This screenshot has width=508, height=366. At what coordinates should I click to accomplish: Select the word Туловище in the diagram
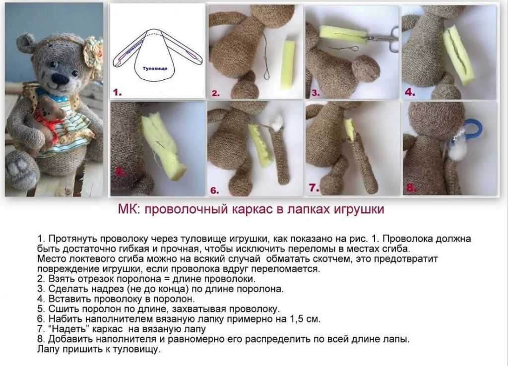tap(155, 68)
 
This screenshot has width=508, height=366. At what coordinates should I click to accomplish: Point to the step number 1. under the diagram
tap(117, 92)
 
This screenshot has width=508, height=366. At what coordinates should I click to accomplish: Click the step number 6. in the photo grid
tap(214, 190)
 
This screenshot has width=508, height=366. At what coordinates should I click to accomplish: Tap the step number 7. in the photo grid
tap(312, 187)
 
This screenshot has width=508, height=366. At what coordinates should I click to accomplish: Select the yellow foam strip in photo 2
tap(288, 64)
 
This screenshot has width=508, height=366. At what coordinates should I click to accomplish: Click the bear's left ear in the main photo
tap(26, 43)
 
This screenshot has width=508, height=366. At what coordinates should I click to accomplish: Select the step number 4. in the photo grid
tap(409, 92)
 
